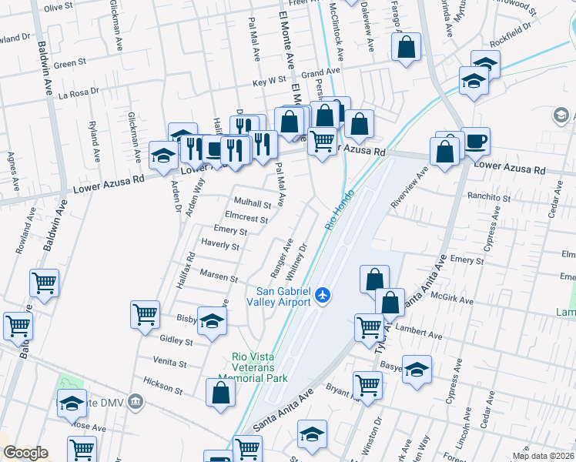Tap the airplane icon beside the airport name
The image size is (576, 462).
323,294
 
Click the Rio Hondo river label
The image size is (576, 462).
341,208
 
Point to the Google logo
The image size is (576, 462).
25,453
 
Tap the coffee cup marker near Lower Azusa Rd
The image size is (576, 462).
475,142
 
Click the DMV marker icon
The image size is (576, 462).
136,400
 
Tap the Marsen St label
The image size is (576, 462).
219,276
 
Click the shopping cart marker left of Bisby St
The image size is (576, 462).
145,314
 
